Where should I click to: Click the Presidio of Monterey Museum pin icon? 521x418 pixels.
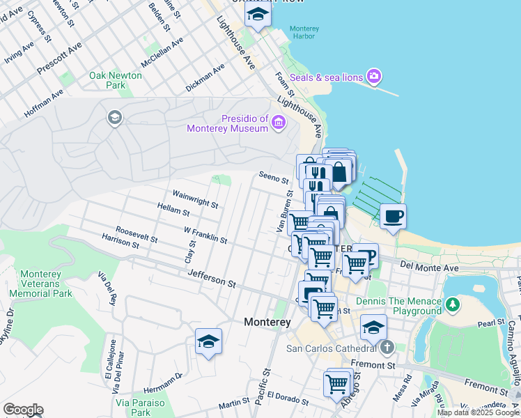[x=278, y=123]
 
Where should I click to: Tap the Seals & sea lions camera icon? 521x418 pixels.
[x=374, y=76]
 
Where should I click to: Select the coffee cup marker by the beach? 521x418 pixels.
[x=393, y=216]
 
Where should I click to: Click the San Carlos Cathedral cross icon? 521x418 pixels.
[x=387, y=347]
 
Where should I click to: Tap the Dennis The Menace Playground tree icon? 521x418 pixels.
[x=453, y=304]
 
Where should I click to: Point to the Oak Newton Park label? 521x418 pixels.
[x=115, y=80]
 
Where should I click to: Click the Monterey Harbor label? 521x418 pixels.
[x=304, y=33]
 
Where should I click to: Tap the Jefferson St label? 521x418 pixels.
[x=211, y=279]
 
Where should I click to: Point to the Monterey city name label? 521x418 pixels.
[x=267, y=323]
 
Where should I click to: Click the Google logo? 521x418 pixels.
[x=23, y=410]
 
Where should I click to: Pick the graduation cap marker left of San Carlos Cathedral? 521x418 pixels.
[x=373, y=327]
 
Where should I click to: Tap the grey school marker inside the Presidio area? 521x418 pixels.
[x=114, y=118]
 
